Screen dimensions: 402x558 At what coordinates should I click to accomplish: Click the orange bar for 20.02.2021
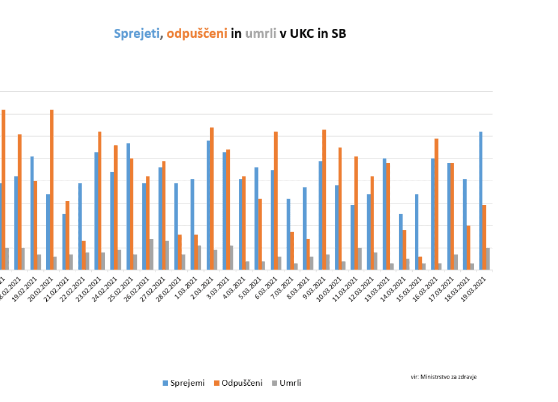(x=52, y=190)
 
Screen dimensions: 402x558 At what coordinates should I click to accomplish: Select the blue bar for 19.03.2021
(x=481, y=201)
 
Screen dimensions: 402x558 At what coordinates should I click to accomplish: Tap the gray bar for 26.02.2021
(x=152, y=254)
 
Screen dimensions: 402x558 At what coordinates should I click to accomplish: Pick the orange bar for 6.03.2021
(x=276, y=201)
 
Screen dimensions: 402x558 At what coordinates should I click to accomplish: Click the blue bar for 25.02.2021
(x=128, y=206)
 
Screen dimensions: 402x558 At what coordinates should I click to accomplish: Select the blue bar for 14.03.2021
(x=401, y=242)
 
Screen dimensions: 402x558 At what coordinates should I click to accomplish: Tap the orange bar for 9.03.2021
(x=324, y=200)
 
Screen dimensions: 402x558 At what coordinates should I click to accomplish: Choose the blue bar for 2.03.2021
(x=208, y=205)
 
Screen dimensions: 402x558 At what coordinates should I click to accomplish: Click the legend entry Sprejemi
(x=184, y=383)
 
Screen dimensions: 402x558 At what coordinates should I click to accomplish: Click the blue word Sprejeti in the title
(x=137, y=34)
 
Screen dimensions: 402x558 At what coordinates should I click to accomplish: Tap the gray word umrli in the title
(x=260, y=34)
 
